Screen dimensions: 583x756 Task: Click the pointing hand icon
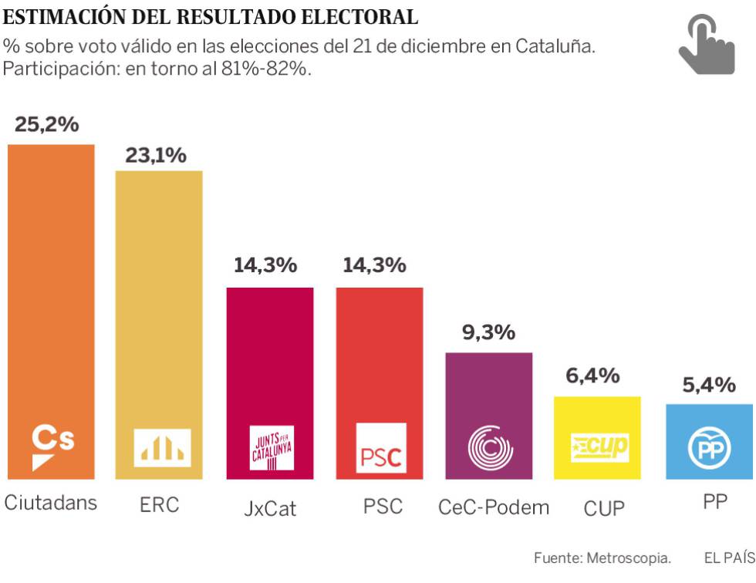tap(706, 47)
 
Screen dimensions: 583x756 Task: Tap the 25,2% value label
tap(47, 125)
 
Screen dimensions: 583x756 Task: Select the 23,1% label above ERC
tap(157, 156)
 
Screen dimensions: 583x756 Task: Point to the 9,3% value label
tap(488, 333)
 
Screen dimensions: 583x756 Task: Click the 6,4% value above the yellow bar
tap(592, 376)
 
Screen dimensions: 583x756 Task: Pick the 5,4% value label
tap(709, 384)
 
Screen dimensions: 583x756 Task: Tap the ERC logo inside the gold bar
tap(162, 447)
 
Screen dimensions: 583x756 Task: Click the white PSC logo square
tap(381, 448)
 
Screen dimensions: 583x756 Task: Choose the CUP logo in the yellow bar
tap(599, 447)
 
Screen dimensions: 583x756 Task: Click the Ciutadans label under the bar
tap(51, 503)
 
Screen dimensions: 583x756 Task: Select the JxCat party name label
tap(269, 509)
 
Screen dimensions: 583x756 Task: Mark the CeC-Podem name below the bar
tap(494, 507)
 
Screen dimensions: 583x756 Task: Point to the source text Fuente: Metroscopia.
tap(602, 558)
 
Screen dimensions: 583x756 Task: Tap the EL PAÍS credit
tap(729, 558)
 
